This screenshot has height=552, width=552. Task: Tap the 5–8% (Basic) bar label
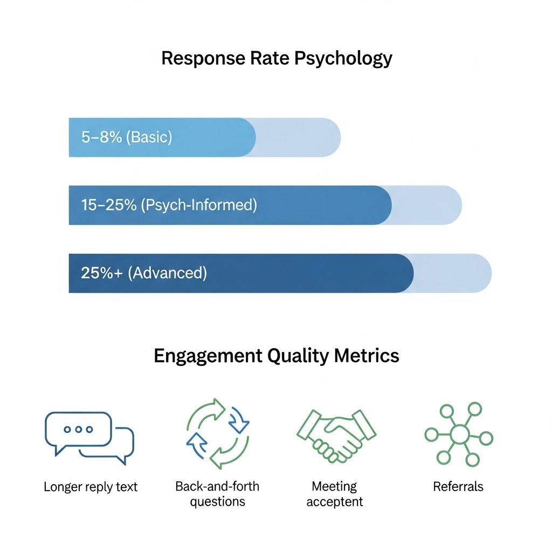coord(127,137)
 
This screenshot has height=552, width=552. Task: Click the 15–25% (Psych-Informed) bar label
coord(169,205)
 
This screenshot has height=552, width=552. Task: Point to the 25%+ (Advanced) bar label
coord(144,273)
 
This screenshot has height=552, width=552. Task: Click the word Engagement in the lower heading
coord(207,356)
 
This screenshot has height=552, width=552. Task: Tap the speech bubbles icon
coord(89,436)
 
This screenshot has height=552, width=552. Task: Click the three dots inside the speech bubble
coord(78,429)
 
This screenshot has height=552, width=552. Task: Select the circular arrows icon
coord(217,434)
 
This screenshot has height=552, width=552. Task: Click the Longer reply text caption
coord(91,487)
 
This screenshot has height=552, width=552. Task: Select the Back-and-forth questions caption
coord(217,494)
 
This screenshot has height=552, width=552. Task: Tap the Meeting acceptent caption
coord(335,494)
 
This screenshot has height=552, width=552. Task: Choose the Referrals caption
coord(458,487)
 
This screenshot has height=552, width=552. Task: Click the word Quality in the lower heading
coord(299,356)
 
